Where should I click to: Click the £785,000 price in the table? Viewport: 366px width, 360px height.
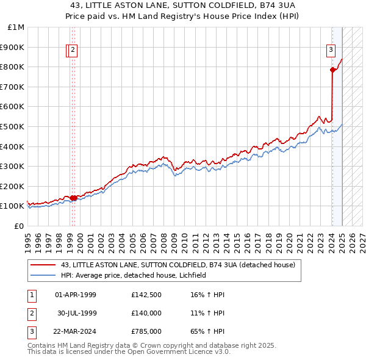[x=146, y=332]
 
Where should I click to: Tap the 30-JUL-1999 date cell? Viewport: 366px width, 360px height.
[x=76, y=314]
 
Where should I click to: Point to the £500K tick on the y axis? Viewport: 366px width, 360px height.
[x=12, y=126]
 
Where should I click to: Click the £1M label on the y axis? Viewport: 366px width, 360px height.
[x=16, y=27]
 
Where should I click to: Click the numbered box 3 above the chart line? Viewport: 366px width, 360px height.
[x=331, y=50]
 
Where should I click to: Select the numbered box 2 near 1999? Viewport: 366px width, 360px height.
[x=73, y=50]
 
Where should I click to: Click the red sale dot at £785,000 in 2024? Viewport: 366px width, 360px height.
[x=332, y=70]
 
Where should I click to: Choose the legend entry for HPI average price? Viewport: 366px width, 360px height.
[x=134, y=275]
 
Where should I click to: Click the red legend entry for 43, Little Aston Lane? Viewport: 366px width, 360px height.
[x=178, y=265]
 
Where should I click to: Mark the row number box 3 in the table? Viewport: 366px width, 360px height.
[x=30, y=332]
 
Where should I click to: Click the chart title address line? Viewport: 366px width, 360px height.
[x=183, y=5]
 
